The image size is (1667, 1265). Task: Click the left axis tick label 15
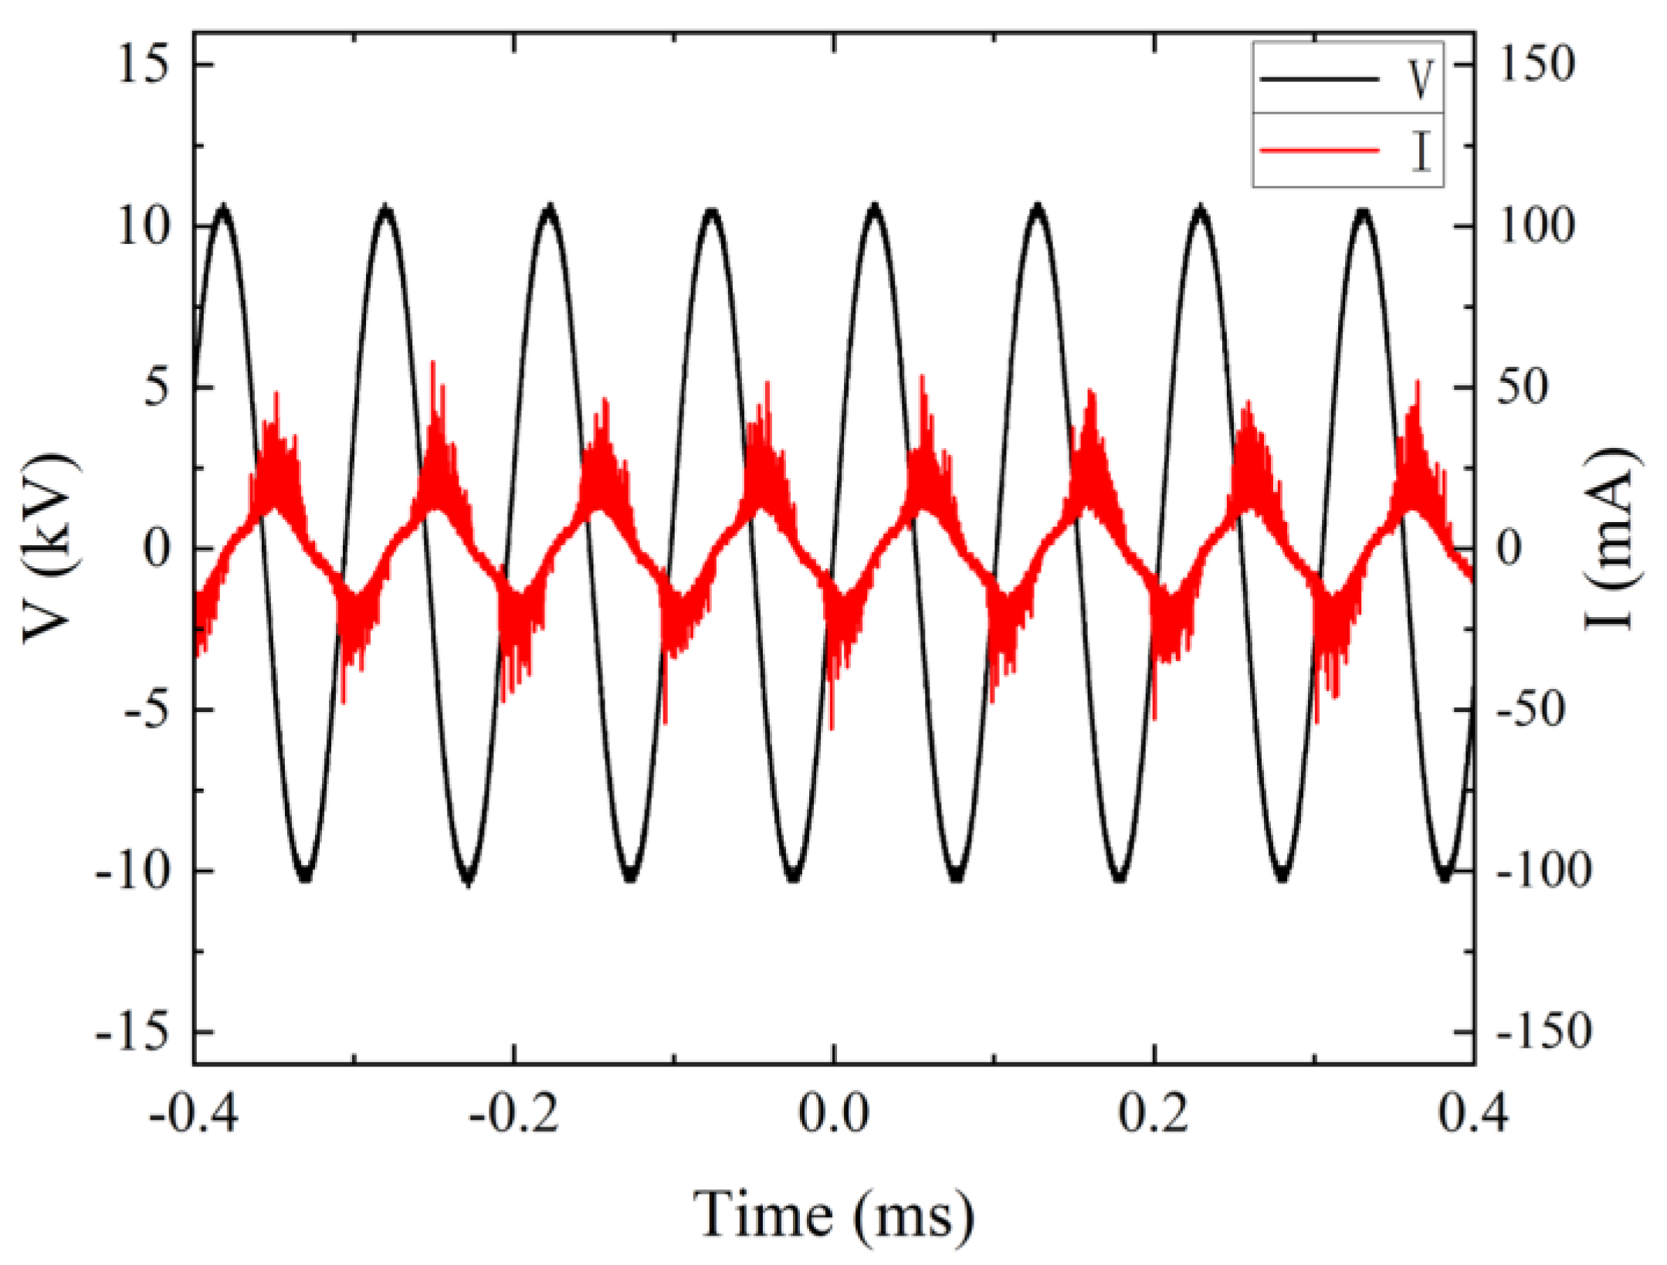[143, 63]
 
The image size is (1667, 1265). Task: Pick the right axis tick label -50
[1533, 709]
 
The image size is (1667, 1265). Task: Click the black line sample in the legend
[1319, 79]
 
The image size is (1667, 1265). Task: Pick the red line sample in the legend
[1319, 150]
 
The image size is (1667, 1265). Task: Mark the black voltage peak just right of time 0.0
[875, 207]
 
